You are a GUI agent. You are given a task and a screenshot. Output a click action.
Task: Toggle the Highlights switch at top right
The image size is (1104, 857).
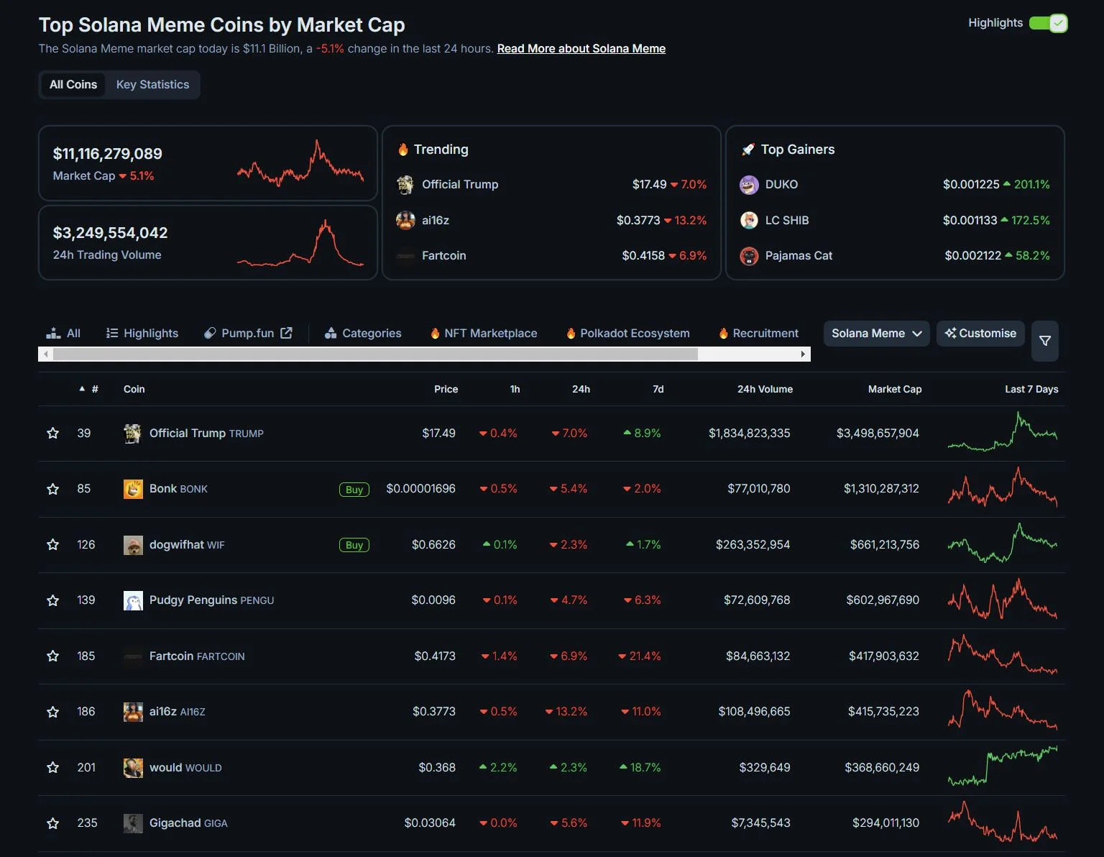(1048, 23)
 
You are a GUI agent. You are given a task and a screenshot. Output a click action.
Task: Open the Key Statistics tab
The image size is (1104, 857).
(152, 85)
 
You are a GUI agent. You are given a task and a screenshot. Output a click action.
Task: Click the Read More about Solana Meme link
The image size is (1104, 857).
(581, 49)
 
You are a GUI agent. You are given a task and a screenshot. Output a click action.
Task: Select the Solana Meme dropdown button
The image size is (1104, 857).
(876, 334)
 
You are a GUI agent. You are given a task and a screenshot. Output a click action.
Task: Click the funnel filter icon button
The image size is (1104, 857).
(1045, 341)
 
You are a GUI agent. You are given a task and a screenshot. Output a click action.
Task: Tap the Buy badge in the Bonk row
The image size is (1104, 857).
(354, 490)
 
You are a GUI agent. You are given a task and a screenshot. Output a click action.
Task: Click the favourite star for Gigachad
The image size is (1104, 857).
(52, 823)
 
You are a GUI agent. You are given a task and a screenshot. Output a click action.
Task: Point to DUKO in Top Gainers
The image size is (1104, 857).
(781, 185)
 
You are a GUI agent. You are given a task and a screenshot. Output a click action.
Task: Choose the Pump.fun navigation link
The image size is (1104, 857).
(248, 334)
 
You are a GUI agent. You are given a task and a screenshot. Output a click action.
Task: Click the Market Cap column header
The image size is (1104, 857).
(894, 389)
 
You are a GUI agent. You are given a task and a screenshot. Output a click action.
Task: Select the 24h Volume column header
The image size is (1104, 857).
(765, 389)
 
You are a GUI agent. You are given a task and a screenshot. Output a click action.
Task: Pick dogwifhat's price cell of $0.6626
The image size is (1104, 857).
(433, 545)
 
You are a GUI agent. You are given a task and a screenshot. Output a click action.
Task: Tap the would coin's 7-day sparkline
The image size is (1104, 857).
(1003, 767)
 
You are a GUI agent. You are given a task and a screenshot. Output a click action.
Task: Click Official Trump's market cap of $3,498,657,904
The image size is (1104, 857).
(878, 434)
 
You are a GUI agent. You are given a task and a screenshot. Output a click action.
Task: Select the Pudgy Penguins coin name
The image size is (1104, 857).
(193, 600)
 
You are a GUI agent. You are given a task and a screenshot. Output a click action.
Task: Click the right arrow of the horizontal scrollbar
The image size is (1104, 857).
(803, 354)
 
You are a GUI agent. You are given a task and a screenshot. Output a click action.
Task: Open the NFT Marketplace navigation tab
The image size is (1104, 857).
(490, 334)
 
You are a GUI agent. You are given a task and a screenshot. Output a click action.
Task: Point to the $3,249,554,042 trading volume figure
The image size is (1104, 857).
(110, 233)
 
